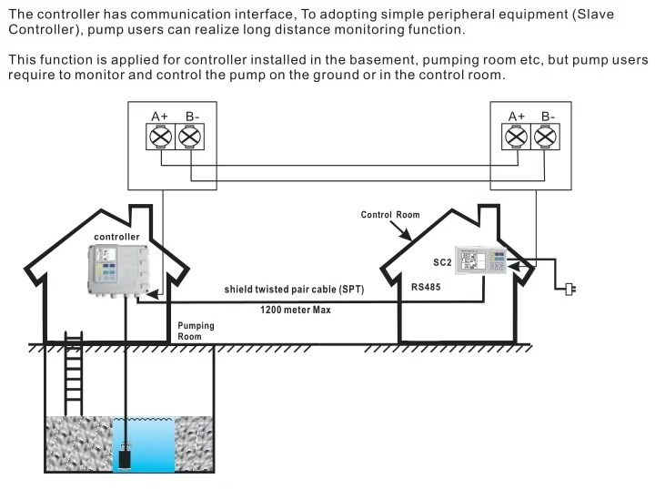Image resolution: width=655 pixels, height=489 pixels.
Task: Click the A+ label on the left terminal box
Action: (160, 116)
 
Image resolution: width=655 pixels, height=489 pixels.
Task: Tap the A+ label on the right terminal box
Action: (517, 116)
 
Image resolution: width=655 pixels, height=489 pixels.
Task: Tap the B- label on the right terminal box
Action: (548, 116)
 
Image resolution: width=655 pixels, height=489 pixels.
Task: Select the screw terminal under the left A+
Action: (159, 137)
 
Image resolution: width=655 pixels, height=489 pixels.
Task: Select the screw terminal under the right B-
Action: (545, 137)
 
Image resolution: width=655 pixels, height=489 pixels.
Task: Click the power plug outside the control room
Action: (570, 290)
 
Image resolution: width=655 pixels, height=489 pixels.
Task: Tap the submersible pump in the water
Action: (125, 453)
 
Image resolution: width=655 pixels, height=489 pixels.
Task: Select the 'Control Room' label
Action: (390, 216)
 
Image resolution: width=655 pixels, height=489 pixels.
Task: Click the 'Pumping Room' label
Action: (196, 331)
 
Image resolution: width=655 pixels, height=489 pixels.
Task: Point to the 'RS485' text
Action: (426, 286)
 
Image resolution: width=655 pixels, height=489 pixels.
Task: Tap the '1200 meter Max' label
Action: (296, 310)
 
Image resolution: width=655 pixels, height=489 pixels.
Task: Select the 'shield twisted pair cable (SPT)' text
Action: (294, 290)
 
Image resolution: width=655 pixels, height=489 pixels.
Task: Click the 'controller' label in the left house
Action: (116, 237)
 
